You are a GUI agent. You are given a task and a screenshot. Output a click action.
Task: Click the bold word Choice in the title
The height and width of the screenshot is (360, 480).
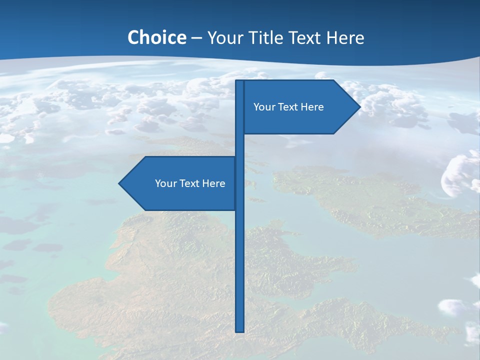tap(156, 37)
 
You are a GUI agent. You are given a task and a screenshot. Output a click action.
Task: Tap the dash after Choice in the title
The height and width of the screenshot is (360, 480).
tap(196, 38)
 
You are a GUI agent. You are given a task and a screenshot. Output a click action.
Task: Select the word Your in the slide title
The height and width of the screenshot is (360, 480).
tap(224, 37)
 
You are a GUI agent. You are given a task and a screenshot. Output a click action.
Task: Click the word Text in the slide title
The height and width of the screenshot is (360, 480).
tap(306, 37)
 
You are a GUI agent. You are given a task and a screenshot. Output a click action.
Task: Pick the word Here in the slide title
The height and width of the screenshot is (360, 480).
tap(345, 37)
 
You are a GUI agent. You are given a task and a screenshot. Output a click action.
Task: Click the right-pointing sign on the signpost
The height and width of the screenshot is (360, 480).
tap(300, 120)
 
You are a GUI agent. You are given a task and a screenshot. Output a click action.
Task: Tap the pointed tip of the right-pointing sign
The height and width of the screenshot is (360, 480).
tap(359, 106)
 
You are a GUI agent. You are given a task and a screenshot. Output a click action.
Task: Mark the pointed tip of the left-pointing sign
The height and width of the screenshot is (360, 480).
tap(120, 183)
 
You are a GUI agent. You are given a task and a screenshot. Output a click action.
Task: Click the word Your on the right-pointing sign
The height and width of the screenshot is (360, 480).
tap(263, 107)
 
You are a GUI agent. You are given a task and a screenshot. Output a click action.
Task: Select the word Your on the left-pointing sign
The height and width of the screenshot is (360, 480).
tap(165, 183)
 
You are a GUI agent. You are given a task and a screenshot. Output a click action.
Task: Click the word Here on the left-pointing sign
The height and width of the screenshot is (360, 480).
tap(214, 183)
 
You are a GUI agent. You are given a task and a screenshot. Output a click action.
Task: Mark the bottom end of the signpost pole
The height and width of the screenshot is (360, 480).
tap(240, 330)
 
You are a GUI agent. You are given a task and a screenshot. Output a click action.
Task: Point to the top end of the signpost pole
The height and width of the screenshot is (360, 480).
tap(240, 82)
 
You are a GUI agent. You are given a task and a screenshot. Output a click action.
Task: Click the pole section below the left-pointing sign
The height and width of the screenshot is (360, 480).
tap(240, 270)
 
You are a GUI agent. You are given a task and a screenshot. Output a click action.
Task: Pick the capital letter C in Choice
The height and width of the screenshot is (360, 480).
tap(133, 37)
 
